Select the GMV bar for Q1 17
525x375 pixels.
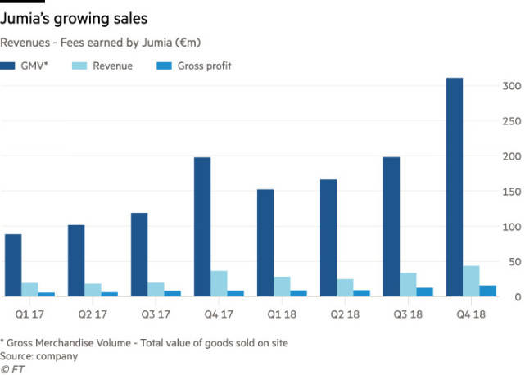(x=12, y=265)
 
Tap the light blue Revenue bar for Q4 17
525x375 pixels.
(x=219, y=283)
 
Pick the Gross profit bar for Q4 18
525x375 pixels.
(x=489, y=291)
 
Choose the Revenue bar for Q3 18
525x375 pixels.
(x=408, y=284)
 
